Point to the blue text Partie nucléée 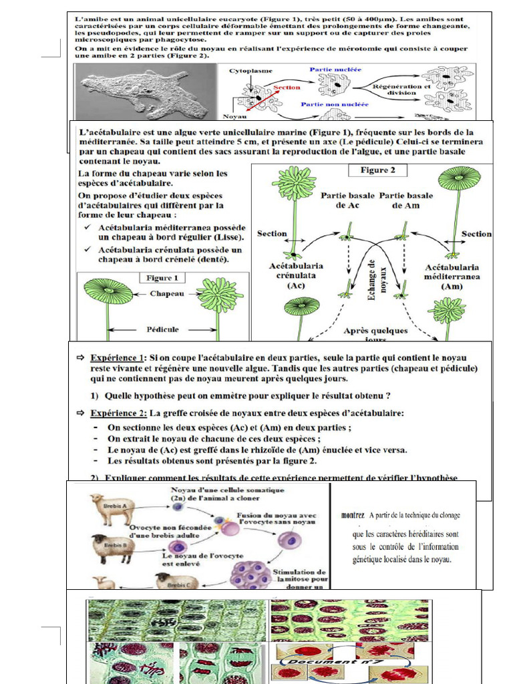(336, 69)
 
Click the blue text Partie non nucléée (334, 104)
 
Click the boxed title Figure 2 (378, 170)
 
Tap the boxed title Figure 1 (158, 277)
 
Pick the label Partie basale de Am (405, 201)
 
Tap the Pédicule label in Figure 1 (163, 329)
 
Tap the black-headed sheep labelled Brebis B (112, 547)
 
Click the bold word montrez (353, 515)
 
